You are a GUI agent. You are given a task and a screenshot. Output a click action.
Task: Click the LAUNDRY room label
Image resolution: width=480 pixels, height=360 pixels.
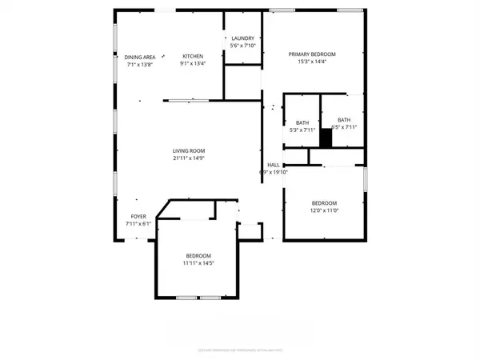click(242, 38)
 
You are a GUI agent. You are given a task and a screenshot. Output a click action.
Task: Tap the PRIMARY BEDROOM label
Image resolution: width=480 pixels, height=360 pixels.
click(312, 54)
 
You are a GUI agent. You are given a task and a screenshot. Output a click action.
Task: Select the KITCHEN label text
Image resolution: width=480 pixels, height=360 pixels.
click(193, 56)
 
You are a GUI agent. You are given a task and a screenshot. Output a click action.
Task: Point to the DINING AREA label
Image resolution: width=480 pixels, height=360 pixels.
click(139, 56)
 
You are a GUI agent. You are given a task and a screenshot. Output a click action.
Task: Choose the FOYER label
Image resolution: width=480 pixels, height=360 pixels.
click(138, 217)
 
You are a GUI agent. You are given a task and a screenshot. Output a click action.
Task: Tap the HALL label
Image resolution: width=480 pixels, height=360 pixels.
click(273, 164)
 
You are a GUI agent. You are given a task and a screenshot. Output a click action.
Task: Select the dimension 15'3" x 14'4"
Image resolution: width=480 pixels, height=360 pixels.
click(312, 62)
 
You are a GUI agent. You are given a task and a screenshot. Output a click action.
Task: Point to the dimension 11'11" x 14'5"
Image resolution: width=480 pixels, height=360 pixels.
click(198, 262)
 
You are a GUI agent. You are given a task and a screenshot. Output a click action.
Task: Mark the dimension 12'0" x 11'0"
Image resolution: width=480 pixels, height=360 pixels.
click(324, 210)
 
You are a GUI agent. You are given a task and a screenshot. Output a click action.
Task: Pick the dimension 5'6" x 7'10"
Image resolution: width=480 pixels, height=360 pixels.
click(242, 46)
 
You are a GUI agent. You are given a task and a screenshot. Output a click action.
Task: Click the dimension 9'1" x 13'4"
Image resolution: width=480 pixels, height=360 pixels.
click(193, 64)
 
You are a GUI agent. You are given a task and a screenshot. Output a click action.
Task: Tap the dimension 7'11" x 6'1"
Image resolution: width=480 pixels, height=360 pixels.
click(138, 224)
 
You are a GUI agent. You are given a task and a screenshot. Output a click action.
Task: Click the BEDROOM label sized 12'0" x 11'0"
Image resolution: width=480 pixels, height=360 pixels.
click(324, 202)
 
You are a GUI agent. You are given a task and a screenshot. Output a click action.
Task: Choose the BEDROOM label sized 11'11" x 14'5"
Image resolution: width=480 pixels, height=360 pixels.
click(198, 254)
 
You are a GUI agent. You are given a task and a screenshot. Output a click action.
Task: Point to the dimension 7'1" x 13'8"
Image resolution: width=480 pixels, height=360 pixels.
click(139, 64)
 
